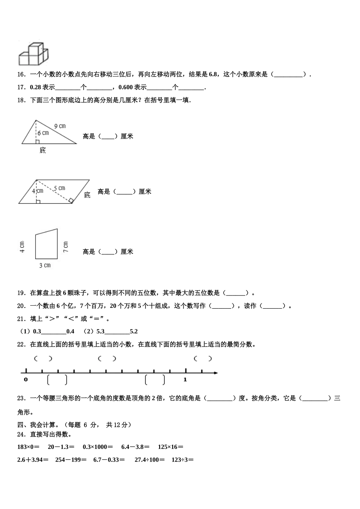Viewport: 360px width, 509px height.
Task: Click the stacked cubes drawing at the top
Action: [x=33, y=54]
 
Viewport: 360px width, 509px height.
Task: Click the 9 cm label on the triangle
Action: [x=60, y=126]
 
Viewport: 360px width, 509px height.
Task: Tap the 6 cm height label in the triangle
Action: [x=43, y=133]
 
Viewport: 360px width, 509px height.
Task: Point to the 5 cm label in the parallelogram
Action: [x=59, y=188]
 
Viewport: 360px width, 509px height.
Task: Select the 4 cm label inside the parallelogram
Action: [x=38, y=191]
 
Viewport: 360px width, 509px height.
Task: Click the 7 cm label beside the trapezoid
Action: [x=66, y=247]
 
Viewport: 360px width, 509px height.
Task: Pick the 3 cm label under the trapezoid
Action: [x=45, y=265]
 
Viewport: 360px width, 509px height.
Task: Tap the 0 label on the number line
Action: [x=25, y=379]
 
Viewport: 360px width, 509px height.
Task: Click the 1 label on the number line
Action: [x=185, y=379]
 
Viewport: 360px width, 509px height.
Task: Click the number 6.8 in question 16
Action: [x=213, y=75]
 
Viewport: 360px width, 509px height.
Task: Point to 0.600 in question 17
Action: [x=125, y=87]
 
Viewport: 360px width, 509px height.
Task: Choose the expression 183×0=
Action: [x=28, y=447]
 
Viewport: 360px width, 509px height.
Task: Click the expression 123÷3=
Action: [x=183, y=460]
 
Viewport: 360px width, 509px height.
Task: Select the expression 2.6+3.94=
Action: [x=33, y=460]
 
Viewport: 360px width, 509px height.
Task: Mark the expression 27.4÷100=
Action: [x=150, y=460]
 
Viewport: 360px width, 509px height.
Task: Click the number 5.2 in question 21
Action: [x=134, y=331]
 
